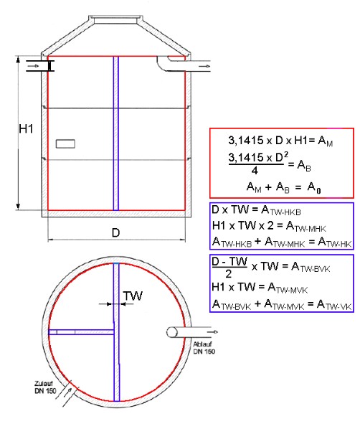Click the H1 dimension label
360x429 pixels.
pos(26,128)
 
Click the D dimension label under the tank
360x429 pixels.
pos(116,233)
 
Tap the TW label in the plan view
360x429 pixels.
pos(133,296)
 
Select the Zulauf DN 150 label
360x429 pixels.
pos(45,387)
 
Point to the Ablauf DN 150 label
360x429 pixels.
pos(204,348)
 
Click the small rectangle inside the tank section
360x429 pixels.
pos(65,143)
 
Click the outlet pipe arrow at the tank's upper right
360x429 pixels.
pos(204,66)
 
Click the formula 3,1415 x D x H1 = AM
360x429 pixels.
pos(280,141)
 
